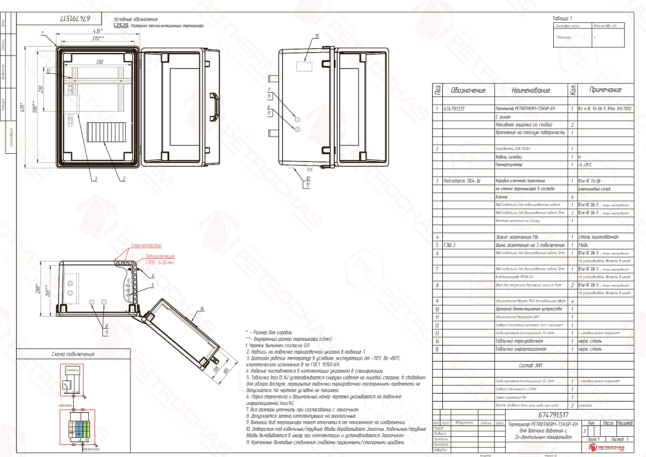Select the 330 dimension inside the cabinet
(99, 62)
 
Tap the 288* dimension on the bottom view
(38, 288)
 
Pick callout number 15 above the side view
(317, 36)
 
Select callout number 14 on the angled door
(202, 308)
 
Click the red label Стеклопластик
(146, 246)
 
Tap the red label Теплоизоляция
(160, 256)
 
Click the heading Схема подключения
(73, 354)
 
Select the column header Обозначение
(468, 90)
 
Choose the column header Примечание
(605, 90)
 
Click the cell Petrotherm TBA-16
(462, 181)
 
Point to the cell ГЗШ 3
(450, 245)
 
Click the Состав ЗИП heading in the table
(531, 365)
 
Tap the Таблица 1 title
(562, 18)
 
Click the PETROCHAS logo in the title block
(608, 448)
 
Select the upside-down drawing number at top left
(75, 19)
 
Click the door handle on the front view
(214, 106)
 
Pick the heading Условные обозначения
(136, 19)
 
